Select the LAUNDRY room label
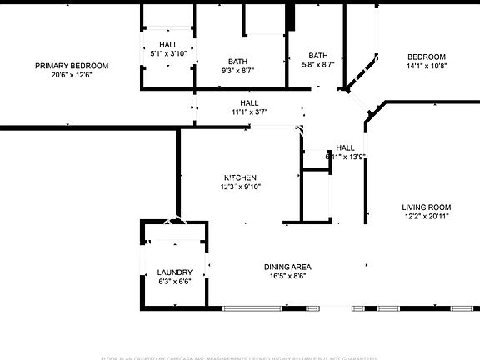[x=175, y=272]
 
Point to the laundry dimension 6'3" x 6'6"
[x=175, y=282]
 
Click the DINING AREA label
[x=287, y=267]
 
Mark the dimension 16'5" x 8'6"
[x=287, y=277]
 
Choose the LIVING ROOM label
[x=426, y=207]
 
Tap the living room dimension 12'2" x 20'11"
[x=426, y=217]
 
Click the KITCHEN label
[x=240, y=177]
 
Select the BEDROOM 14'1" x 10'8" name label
[x=427, y=57]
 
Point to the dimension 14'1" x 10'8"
[x=427, y=66]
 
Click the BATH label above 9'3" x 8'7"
[x=238, y=62]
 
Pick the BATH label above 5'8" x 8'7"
[x=317, y=56]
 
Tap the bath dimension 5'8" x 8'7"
[x=317, y=65]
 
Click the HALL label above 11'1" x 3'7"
[x=249, y=102]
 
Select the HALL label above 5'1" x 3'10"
[x=168, y=44]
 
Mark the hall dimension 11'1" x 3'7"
[x=249, y=112]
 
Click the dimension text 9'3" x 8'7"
[x=238, y=71]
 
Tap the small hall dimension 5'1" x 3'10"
[x=168, y=53]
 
